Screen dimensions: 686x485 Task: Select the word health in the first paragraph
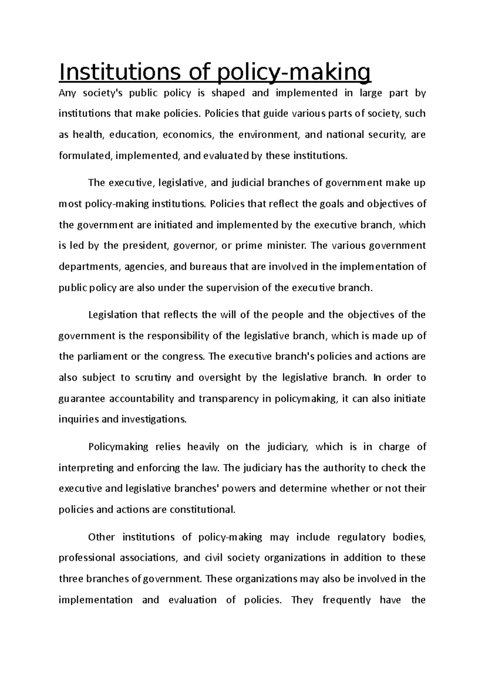[x=88, y=135]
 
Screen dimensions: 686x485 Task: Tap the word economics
[x=187, y=135]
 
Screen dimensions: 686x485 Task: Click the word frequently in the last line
[x=346, y=600]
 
